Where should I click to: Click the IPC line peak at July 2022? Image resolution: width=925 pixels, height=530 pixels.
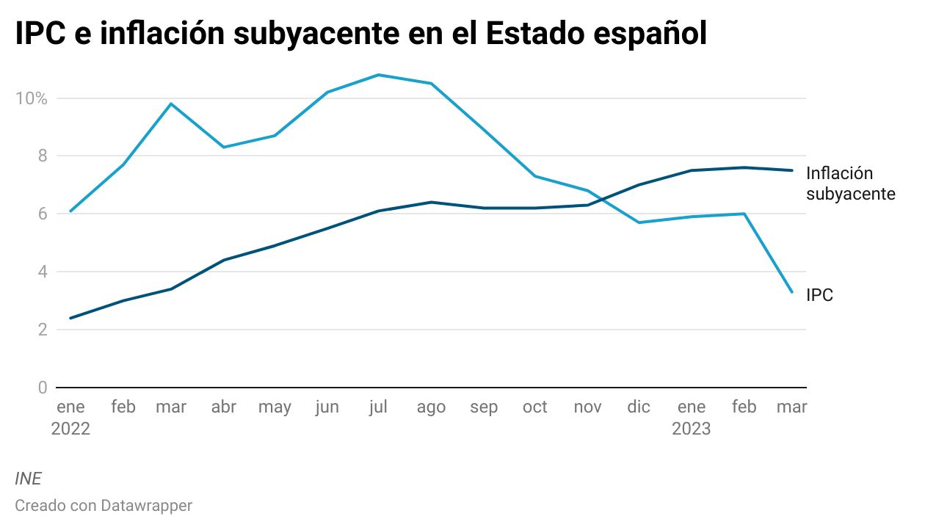pos(378,75)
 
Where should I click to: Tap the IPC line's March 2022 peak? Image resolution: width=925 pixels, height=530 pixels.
pos(171,104)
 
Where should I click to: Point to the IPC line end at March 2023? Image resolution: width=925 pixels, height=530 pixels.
pos(791,292)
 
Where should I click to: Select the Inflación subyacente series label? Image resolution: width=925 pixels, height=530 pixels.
pos(850,184)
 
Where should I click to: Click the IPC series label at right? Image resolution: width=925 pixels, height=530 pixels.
pos(819,296)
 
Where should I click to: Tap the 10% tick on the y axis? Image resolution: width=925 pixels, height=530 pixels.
pos(31,98)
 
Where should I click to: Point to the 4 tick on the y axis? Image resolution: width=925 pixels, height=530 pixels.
pos(42,272)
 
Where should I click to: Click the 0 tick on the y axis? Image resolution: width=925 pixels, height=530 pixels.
pos(42,388)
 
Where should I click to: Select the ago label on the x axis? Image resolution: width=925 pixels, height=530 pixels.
pos(431,407)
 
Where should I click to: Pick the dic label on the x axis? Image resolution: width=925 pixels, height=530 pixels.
pos(639,407)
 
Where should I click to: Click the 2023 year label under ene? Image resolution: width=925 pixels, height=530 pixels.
pos(691,429)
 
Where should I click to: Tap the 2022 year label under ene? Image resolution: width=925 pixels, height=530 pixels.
pos(70,429)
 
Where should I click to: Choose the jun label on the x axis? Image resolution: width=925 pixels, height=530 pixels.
pos(326,407)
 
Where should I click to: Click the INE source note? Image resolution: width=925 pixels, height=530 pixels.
pos(28,479)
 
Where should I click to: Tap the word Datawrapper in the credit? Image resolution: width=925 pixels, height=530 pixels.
pos(147,506)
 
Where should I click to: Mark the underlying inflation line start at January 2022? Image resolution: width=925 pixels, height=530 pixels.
pos(70,318)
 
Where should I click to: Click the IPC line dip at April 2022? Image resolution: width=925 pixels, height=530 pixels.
pos(223,147)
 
